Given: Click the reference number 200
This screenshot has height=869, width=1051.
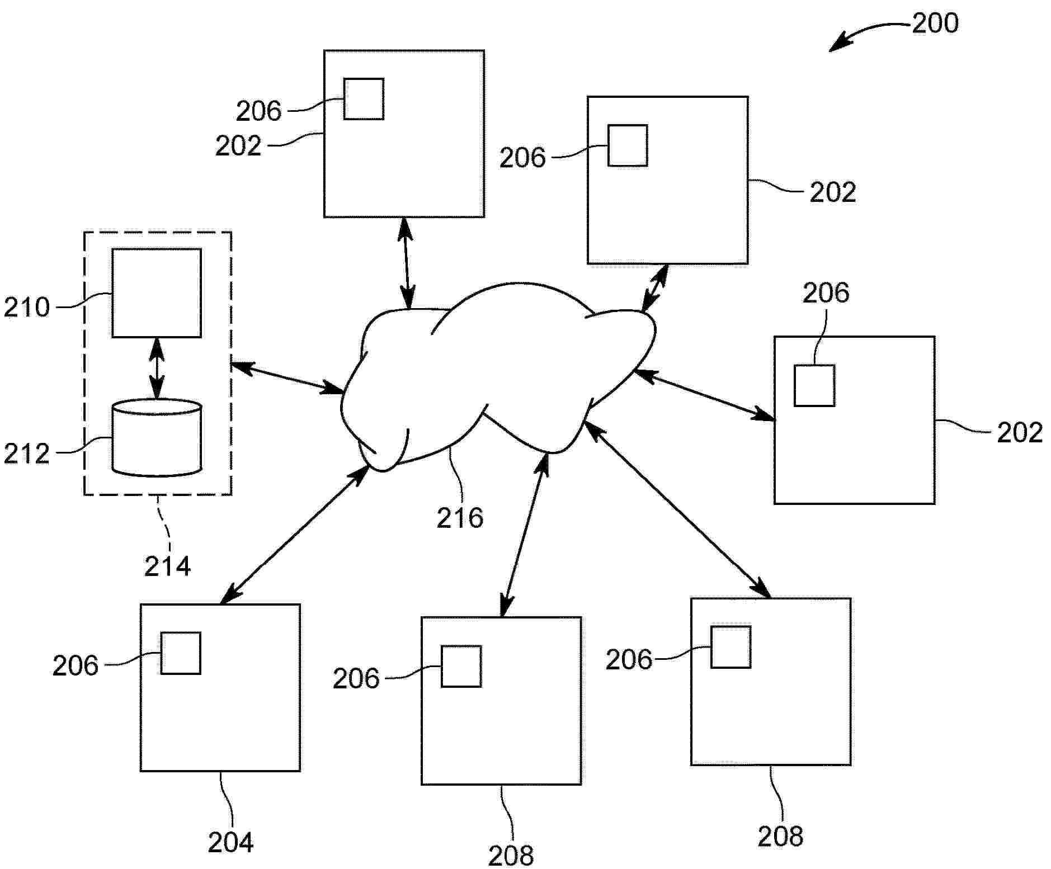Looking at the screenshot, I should tap(935, 23).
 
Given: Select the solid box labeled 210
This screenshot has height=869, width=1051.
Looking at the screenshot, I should tap(157, 293).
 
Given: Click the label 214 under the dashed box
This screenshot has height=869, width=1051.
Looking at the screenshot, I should tap(167, 566).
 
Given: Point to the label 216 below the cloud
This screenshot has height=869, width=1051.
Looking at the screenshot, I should tap(460, 518).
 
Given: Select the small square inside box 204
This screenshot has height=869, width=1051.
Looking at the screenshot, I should tap(181, 653).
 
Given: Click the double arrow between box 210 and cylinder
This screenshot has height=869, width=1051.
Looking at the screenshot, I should tap(157, 368).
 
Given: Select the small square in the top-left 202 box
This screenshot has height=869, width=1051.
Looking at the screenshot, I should tap(364, 99).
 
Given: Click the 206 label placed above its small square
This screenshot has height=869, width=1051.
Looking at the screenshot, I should tap(826, 293).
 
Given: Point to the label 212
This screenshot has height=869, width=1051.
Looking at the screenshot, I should tap(26, 454).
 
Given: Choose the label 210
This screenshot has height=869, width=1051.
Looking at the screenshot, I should tap(26, 308).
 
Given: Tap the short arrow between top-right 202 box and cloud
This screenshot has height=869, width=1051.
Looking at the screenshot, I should tap(654, 288).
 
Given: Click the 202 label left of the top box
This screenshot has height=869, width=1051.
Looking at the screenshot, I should tap(238, 146).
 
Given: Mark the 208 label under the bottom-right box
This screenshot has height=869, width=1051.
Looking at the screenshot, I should tap(780, 837).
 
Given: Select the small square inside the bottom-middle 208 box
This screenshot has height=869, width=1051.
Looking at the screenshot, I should tap(461, 666).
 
